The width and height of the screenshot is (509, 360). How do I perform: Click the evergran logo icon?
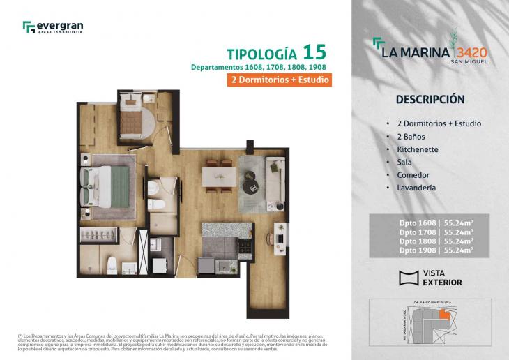(29, 27)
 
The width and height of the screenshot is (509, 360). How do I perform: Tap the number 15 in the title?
(314, 52)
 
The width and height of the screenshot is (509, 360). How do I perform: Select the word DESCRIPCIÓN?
(430, 99)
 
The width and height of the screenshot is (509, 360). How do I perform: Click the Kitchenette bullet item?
(418, 150)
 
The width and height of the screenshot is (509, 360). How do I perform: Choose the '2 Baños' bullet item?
(411, 137)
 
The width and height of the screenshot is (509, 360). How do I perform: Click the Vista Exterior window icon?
(408, 278)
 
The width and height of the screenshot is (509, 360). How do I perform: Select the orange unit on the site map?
(454, 318)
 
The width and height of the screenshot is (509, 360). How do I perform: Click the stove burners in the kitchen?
(245, 246)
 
